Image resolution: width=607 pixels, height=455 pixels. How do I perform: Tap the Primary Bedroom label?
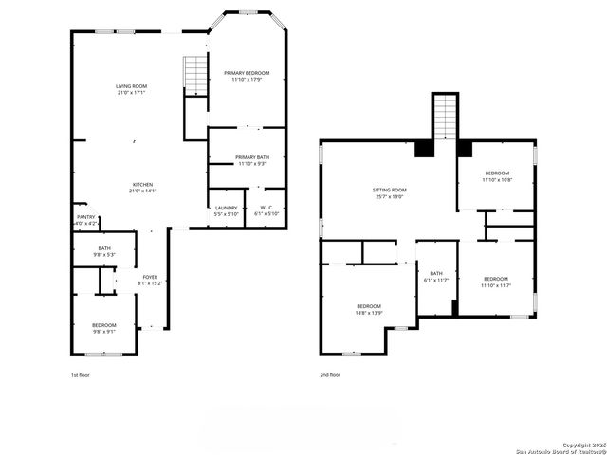tap(247, 73)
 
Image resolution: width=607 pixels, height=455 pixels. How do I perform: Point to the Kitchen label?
tap(142, 184)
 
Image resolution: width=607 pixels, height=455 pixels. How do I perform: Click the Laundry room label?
tap(226, 208)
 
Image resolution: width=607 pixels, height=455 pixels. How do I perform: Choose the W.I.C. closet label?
tap(267, 208)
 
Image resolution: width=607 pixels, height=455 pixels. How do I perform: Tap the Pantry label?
tap(85, 217)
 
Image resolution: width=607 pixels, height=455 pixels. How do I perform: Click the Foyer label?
tap(150, 277)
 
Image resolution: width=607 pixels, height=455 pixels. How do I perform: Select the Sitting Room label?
tap(389, 191)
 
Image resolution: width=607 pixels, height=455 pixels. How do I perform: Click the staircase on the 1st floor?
tap(194, 75)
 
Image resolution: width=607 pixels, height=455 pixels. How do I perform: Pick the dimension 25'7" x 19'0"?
tap(389, 197)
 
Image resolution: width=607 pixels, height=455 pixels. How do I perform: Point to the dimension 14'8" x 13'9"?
tap(369, 312)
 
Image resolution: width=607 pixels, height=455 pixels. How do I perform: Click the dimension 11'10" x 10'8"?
tap(497, 180)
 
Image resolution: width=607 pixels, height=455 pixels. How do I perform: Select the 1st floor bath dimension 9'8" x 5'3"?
tap(104, 254)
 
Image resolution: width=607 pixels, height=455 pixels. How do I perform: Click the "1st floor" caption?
tap(82, 374)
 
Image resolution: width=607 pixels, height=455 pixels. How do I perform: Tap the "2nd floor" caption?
tap(330, 374)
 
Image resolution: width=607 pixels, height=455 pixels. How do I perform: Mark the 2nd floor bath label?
tap(436, 273)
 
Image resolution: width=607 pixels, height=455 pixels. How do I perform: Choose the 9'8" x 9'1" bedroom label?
tap(104, 325)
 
